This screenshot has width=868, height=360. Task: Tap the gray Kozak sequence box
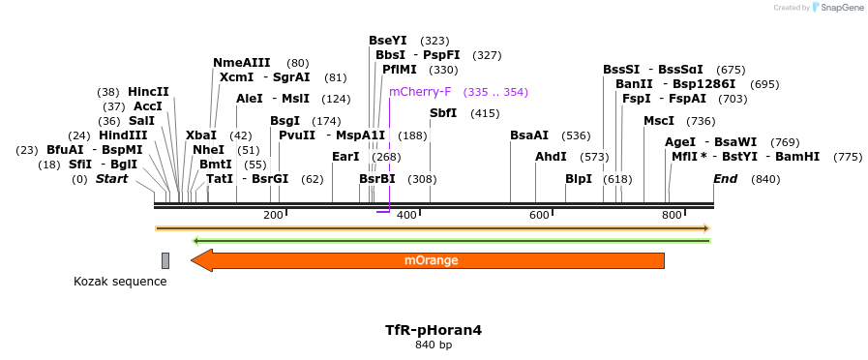pyautogui.click(x=165, y=260)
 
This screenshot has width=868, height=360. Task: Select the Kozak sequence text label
pyautogui.click(x=120, y=282)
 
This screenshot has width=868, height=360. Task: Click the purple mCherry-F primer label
pyautogui.click(x=420, y=92)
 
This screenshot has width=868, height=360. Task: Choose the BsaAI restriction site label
pyautogui.click(x=529, y=135)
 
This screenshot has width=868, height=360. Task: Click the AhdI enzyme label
pyautogui.click(x=551, y=157)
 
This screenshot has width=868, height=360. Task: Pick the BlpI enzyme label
pyautogui.click(x=579, y=179)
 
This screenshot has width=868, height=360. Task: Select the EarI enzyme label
pyautogui.click(x=345, y=157)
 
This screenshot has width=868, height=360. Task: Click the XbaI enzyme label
pyautogui.click(x=201, y=135)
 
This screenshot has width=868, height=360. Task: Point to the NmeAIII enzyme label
pyautogui.click(x=242, y=63)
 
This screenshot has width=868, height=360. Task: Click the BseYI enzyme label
pyautogui.click(x=388, y=41)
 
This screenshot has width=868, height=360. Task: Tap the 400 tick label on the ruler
pyautogui.click(x=406, y=215)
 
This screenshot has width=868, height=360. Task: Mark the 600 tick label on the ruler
pyautogui.click(x=539, y=215)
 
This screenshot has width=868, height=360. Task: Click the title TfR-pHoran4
pyautogui.click(x=434, y=330)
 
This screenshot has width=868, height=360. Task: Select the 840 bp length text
pyautogui.click(x=434, y=345)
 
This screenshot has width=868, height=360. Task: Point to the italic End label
pyautogui.click(x=725, y=179)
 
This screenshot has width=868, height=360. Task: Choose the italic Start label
pyautogui.click(x=111, y=179)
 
